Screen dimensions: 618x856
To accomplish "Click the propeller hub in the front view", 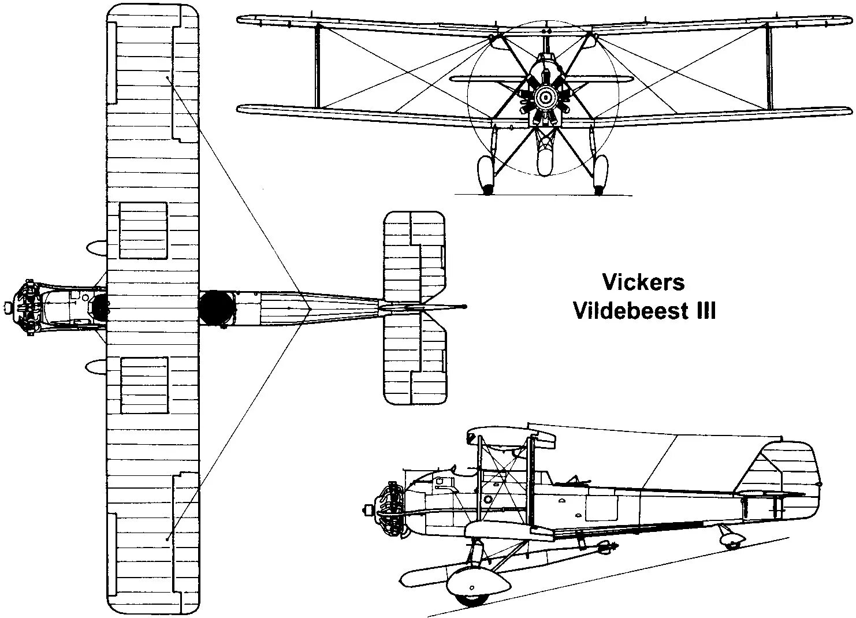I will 544,98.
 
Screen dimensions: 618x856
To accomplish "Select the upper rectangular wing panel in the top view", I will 143,230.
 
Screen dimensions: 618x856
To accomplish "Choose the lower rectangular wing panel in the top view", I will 144,385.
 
